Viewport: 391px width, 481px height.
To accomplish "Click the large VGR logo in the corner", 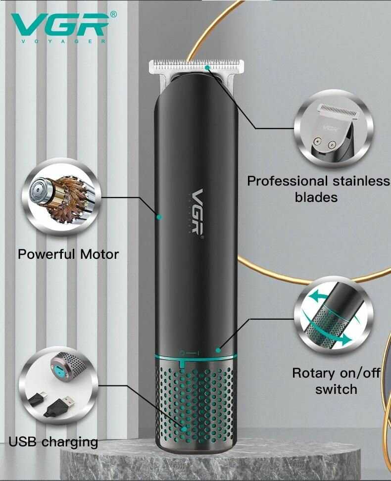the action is [60, 25].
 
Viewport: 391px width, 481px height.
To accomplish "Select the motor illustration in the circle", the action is [61, 197].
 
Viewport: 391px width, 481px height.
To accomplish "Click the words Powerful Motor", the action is [68, 254].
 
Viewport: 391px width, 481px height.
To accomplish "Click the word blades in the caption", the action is [316, 197].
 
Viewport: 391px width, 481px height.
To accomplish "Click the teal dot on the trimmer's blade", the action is [207, 67].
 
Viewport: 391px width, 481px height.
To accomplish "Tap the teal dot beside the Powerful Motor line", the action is [159, 217].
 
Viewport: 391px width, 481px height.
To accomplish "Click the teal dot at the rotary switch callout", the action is [218, 350].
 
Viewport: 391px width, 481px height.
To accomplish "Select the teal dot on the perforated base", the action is [184, 429].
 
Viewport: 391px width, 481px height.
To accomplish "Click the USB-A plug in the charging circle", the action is [59, 406].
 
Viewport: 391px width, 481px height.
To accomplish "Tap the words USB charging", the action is [53, 442].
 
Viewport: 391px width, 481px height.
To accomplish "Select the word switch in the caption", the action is [336, 389].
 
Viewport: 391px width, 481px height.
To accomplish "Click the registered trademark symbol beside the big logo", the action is [113, 14].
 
